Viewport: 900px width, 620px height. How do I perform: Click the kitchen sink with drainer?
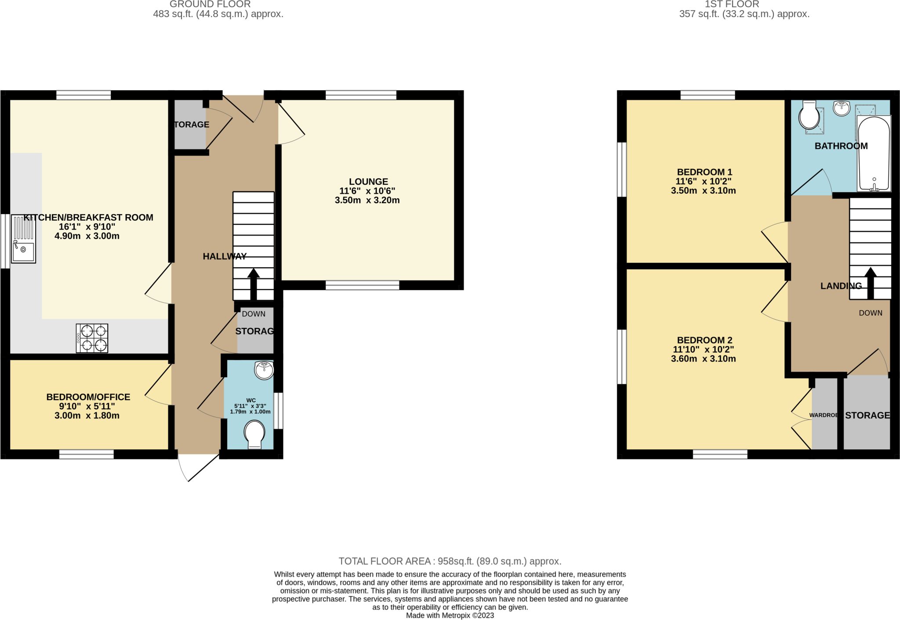point(23,239)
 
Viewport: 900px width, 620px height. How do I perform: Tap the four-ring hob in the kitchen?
point(92,338)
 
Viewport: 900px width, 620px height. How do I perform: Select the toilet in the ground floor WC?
point(254,434)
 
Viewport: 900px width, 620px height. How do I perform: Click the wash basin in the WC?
point(264,370)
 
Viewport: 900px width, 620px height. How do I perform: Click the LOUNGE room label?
point(368,182)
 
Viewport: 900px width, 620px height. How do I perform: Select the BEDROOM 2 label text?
point(704,340)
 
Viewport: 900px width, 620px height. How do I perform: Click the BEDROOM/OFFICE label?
point(88,397)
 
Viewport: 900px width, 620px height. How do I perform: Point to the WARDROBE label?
point(823,415)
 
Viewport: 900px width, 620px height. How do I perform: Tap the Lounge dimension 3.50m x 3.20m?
point(367,201)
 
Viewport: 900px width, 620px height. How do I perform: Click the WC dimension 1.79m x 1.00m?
point(250,412)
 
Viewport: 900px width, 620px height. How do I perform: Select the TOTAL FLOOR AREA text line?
point(450,561)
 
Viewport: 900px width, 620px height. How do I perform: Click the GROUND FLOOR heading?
point(210,4)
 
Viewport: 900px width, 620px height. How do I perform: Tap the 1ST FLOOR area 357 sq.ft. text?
point(744,14)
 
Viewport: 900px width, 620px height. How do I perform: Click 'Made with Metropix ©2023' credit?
point(450,615)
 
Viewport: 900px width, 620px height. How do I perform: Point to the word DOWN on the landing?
point(870,313)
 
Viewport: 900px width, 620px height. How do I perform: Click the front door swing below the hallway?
point(198,469)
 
